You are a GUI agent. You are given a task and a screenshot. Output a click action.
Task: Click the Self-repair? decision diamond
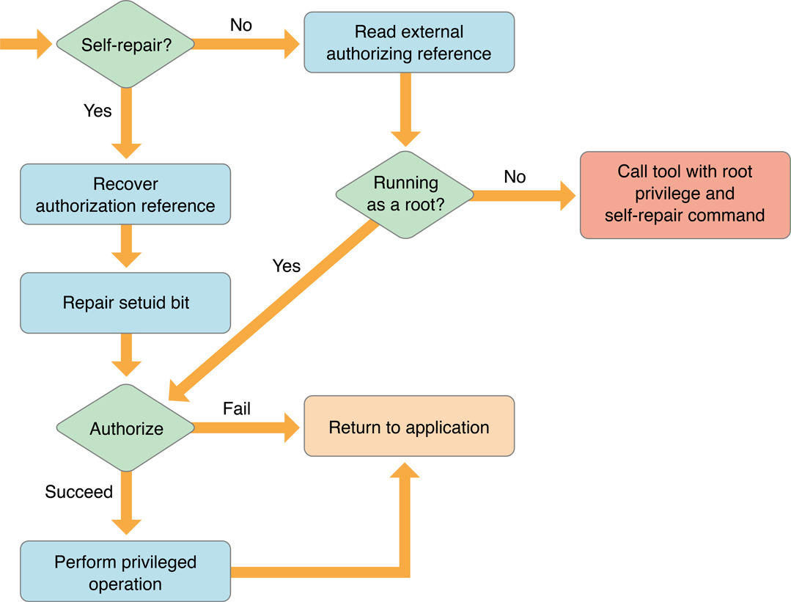[126, 44]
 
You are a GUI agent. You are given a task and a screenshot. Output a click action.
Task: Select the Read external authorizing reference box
[408, 43]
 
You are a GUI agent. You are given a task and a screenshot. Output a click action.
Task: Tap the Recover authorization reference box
[125, 194]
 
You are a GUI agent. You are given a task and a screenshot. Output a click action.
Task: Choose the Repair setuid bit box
[125, 303]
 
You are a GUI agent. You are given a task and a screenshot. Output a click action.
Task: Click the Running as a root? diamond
[405, 194]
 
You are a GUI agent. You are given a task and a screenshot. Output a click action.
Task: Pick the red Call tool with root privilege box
[685, 194]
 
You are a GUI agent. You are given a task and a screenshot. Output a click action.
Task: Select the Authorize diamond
[126, 429]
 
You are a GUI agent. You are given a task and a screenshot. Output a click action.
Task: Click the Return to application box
[408, 427]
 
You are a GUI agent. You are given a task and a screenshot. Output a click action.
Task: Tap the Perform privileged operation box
[125, 573]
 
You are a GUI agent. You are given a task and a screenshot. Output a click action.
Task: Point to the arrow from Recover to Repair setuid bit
[126, 248]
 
